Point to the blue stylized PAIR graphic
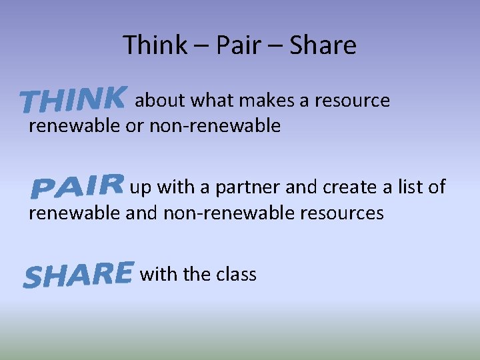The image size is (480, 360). coord(78,186)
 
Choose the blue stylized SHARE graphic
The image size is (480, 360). coord(78,274)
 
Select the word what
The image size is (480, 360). coord(212,101)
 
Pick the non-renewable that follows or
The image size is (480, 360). coord(215,125)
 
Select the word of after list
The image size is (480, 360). coord(437,187)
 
